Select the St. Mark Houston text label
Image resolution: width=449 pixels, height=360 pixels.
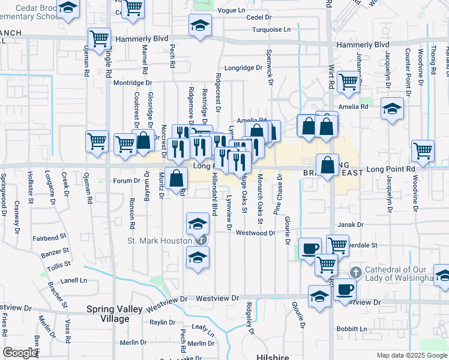(158, 241)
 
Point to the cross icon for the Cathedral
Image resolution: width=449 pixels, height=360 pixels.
(355, 272)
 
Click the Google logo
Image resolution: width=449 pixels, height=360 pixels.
(20, 353)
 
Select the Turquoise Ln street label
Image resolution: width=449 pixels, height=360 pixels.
(271, 29)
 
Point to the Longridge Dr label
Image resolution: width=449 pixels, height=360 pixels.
(244, 68)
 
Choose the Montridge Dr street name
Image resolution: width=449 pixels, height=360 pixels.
(133, 82)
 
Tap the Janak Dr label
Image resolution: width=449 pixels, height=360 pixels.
(351, 225)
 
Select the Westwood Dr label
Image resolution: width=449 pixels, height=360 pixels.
(255, 233)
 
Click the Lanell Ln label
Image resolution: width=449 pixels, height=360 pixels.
(74, 280)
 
